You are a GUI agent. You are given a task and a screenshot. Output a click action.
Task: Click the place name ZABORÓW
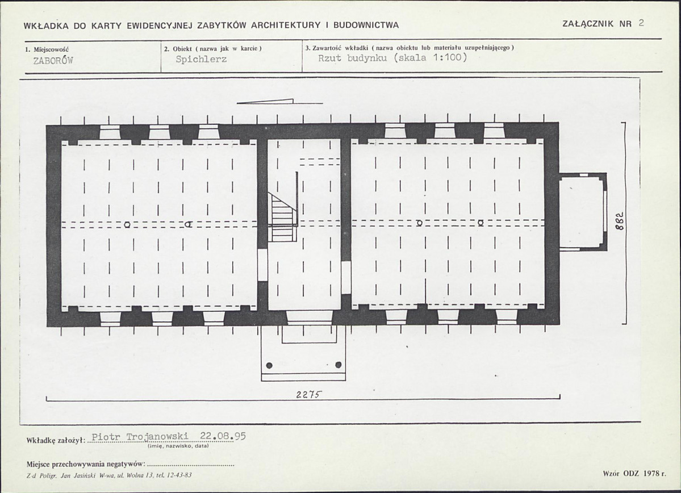pyautogui.click(x=53, y=60)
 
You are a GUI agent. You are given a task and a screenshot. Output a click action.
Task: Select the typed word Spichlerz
pyautogui.click(x=201, y=59)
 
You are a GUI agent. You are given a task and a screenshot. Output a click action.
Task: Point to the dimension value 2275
pyautogui.click(x=309, y=394)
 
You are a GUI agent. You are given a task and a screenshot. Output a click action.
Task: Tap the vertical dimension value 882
pyautogui.click(x=621, y=221)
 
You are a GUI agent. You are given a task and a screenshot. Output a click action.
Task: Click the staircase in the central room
pyautogui.click(x=283, y=217)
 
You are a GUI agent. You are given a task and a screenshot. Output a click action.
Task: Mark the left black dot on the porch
pyautogui.click(x=269, y=365)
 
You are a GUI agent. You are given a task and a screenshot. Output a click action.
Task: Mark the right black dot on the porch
pyautogui.click(x=339, y=365)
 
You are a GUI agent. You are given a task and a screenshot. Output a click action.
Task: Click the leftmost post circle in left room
pyautogui.click(x=127, y=224)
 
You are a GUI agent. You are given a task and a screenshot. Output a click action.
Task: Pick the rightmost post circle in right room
pyautogui.click(x=481, y=223)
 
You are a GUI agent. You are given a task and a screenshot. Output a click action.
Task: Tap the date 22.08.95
pyautogui.click(x=223, y=436)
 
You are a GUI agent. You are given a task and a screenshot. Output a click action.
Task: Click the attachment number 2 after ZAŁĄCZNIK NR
pyautogui.click(x=641, y=23)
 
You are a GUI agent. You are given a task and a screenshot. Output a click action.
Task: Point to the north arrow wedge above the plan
pyautogui.click(x=265, y=102)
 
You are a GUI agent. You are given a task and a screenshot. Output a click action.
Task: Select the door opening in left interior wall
pyautogui.click(x=262, y=265)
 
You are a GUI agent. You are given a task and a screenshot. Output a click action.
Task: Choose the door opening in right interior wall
pyautogui.click(x=346, y=278)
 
